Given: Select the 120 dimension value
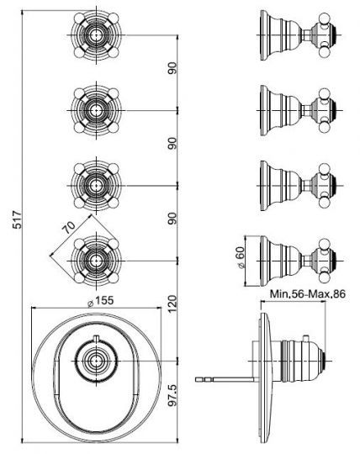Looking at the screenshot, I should coord(172,304).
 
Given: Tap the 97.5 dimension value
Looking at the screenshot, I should coord(172,394).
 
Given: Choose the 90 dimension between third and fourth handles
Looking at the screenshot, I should coord(172,217).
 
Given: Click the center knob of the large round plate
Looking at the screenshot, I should coord(94,363).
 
